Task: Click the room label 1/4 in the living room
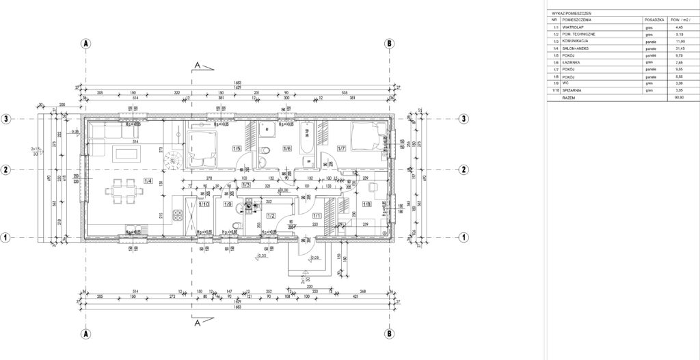tap(148, 182)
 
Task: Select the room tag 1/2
tap(271, 216)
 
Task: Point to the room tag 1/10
tap(203, 204)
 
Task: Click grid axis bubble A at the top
tap(86, 42)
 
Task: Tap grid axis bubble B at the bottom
tap(388, 334)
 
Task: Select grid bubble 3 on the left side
tap(5, 118)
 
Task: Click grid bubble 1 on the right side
tap(463, 238)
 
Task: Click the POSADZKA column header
tap(654, 20)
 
